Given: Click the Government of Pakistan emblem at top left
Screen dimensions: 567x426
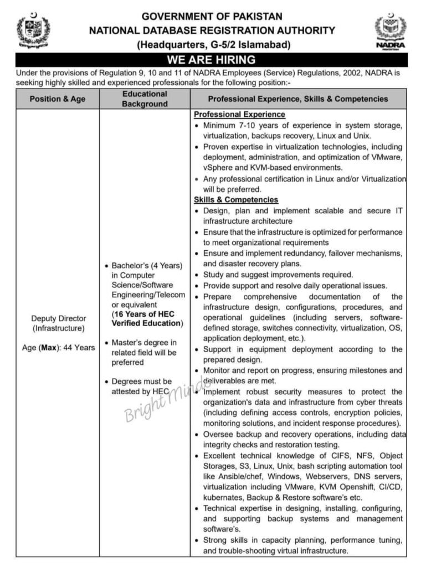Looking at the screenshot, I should pyautogui.click(x=34, y=30).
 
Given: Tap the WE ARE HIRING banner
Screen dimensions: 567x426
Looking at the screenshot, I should pyautogui.click(x=212, y=60).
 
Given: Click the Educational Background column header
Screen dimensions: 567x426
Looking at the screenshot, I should pyautogui.click(x=145, y=99).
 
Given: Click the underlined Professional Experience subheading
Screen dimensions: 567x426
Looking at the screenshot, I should pyautogui.click(x=239, y=115).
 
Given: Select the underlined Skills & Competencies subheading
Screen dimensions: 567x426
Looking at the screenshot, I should pyautogui.click(x=236, y=199).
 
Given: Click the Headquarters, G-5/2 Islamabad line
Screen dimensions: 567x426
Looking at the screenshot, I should pyautogui.click(x=213, y=45).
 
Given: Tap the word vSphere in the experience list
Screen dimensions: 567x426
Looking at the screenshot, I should pyautogui.click(x=218, y=168).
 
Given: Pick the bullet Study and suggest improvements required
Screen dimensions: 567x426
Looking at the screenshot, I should pyautogui.click(x=278, y=275).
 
